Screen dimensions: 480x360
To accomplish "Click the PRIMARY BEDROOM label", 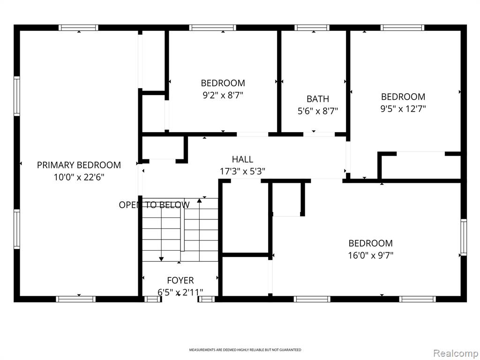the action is [x=79, y=165].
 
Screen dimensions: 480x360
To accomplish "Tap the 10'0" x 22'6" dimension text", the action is [x=79, y=177].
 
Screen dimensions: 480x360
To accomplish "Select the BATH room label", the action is [x=318, y=99].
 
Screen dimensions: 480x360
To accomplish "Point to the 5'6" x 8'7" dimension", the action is [x=318, y=111].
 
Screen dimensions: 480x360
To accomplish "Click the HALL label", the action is [x=242, y=159].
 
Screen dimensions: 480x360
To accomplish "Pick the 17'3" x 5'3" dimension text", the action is [x=242, y=172].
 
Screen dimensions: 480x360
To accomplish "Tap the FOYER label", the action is [x=180, y=280].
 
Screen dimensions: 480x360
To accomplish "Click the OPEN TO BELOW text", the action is [x=154, y=205].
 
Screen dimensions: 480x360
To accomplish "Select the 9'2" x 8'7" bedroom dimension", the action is [x=223, y=95].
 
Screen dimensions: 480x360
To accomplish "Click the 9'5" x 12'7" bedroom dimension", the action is [x=403, y=109].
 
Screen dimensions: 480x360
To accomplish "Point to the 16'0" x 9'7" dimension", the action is [x=370, y=255].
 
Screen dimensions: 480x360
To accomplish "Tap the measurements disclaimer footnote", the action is [x=245, y=350].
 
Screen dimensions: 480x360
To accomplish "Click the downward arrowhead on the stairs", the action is [x=161, y=259].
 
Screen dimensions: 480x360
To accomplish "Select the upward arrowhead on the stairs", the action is [x=199, y=201].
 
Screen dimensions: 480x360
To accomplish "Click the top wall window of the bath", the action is [x=312, y=28].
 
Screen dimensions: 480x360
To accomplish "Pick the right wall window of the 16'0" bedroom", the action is [x=464, y=237].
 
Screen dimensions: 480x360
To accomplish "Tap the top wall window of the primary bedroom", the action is [x=78, y=28].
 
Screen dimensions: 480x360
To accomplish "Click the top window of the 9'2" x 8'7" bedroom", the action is [x=212, y=28].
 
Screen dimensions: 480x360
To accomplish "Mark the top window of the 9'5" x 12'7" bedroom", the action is [x=402, y=28].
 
